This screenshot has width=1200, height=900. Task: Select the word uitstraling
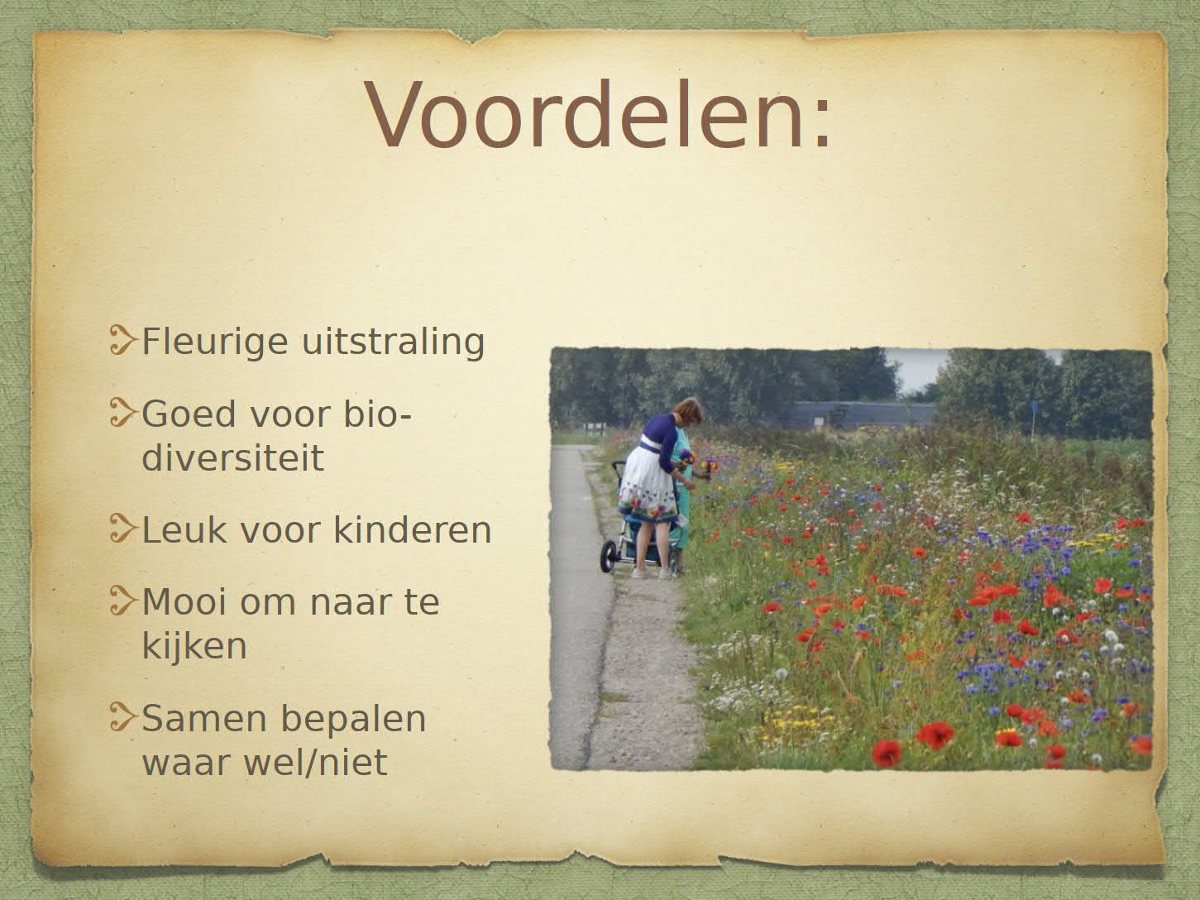tap(393, 342)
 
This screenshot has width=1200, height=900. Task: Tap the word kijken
tap(194, 647)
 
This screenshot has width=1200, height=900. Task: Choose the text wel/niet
tap(315, 762)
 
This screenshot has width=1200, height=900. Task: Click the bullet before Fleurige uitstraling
tap(122, 339)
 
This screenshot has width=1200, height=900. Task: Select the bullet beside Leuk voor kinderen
tap(122, 528)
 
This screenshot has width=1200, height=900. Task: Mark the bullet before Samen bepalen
tap(122, 717)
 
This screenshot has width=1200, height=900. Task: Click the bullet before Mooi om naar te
tap(122, 600)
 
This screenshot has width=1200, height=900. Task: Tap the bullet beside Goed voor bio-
tap(122, 412)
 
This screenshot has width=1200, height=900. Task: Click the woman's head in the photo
tap(688, 411)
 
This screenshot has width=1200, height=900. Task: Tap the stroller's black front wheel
tap(608, 557)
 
